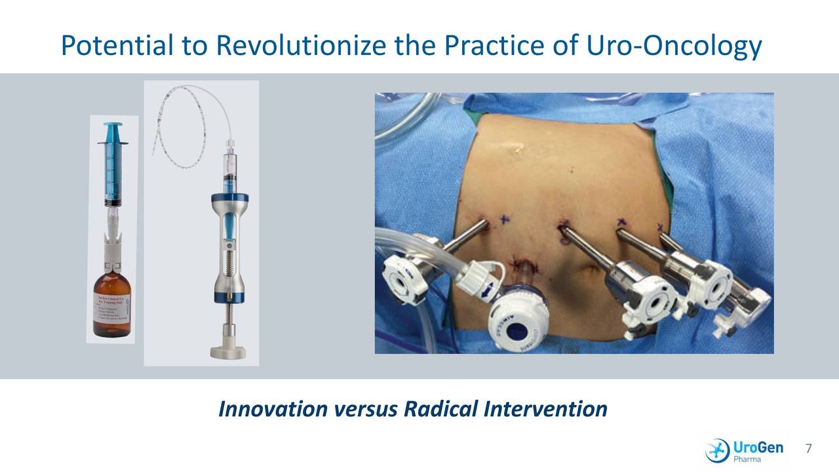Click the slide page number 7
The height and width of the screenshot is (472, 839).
pos(808,449)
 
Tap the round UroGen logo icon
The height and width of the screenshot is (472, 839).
pos(717,450)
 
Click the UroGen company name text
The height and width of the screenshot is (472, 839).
pos(758,446)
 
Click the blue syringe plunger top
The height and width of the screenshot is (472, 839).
pos(113,124)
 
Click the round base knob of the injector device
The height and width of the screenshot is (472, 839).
pos(227,350)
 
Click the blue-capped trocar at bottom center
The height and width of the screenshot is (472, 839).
pos(518,315)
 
